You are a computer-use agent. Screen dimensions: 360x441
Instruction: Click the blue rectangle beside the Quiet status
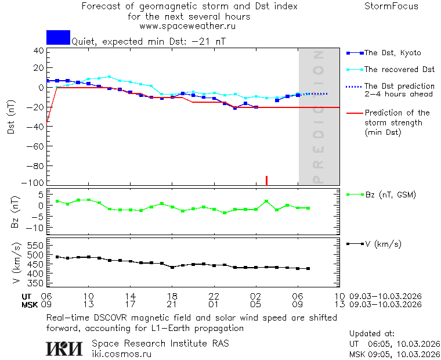pyautogui.click(x=58, y=37)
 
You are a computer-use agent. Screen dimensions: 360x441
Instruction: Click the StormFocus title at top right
pyautogui.click(x=391, y=6)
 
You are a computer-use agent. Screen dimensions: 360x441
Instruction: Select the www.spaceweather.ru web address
pyautogui.click(x=187, y=26)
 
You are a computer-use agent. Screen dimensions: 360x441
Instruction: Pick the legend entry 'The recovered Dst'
pyautogui.click(x=399, y=69)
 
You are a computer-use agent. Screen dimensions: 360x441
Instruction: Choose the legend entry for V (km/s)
pyautogui.click(x=382, y=244)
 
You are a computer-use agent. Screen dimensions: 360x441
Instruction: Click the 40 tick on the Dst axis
pyautogui.click(x=39, y=51)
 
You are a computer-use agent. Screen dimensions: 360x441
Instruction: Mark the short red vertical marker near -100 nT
pyautogui.click(x=266, y=181)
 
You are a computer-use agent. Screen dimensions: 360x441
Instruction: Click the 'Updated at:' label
pyautogui.click(x=372, y=334)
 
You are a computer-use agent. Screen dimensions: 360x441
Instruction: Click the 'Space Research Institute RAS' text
pyautogui.click(x=160, y=343)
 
